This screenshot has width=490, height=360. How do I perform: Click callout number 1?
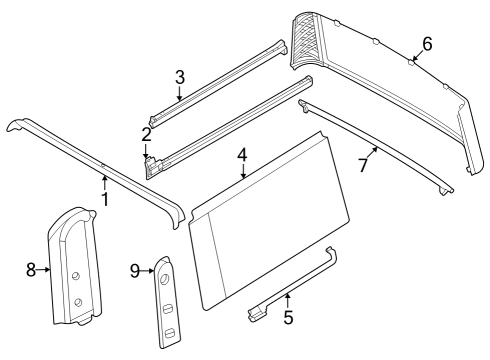[x=104, y=199]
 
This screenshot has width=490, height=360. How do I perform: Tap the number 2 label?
[x=146, y=134]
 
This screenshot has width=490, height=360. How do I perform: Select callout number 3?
[x=179, y=77]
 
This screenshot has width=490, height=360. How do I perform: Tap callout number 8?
[x=31, y=269]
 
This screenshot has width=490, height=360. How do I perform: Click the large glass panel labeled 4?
[x=270, y=230]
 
